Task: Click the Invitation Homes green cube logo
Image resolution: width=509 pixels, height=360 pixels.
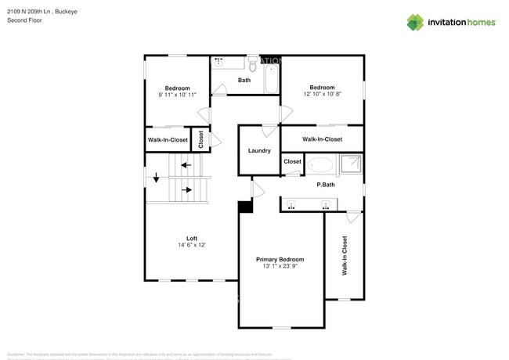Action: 414,23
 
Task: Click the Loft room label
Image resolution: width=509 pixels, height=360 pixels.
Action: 191,238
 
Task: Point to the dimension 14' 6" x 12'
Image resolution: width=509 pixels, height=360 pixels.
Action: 191,246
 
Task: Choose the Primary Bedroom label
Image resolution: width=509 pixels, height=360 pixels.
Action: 280,259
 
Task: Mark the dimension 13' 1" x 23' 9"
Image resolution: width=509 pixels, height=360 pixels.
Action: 280,267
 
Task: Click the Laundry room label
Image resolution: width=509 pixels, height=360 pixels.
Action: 259,151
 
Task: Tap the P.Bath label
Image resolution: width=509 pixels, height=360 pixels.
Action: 326,185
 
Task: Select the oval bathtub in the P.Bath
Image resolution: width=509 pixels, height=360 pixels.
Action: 319,165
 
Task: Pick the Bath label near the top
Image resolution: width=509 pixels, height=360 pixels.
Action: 244,80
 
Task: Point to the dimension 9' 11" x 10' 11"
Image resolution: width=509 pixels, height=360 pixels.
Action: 177,95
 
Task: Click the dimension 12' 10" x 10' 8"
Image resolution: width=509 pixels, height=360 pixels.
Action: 322,95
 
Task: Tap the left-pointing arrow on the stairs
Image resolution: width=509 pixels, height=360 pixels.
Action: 186,164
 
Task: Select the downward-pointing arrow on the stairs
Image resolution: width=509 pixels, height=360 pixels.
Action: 156,178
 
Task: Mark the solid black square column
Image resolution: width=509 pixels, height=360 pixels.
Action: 244,207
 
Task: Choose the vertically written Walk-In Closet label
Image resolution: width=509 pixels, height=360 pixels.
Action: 344,257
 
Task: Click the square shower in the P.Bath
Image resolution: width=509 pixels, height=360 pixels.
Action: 350,164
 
